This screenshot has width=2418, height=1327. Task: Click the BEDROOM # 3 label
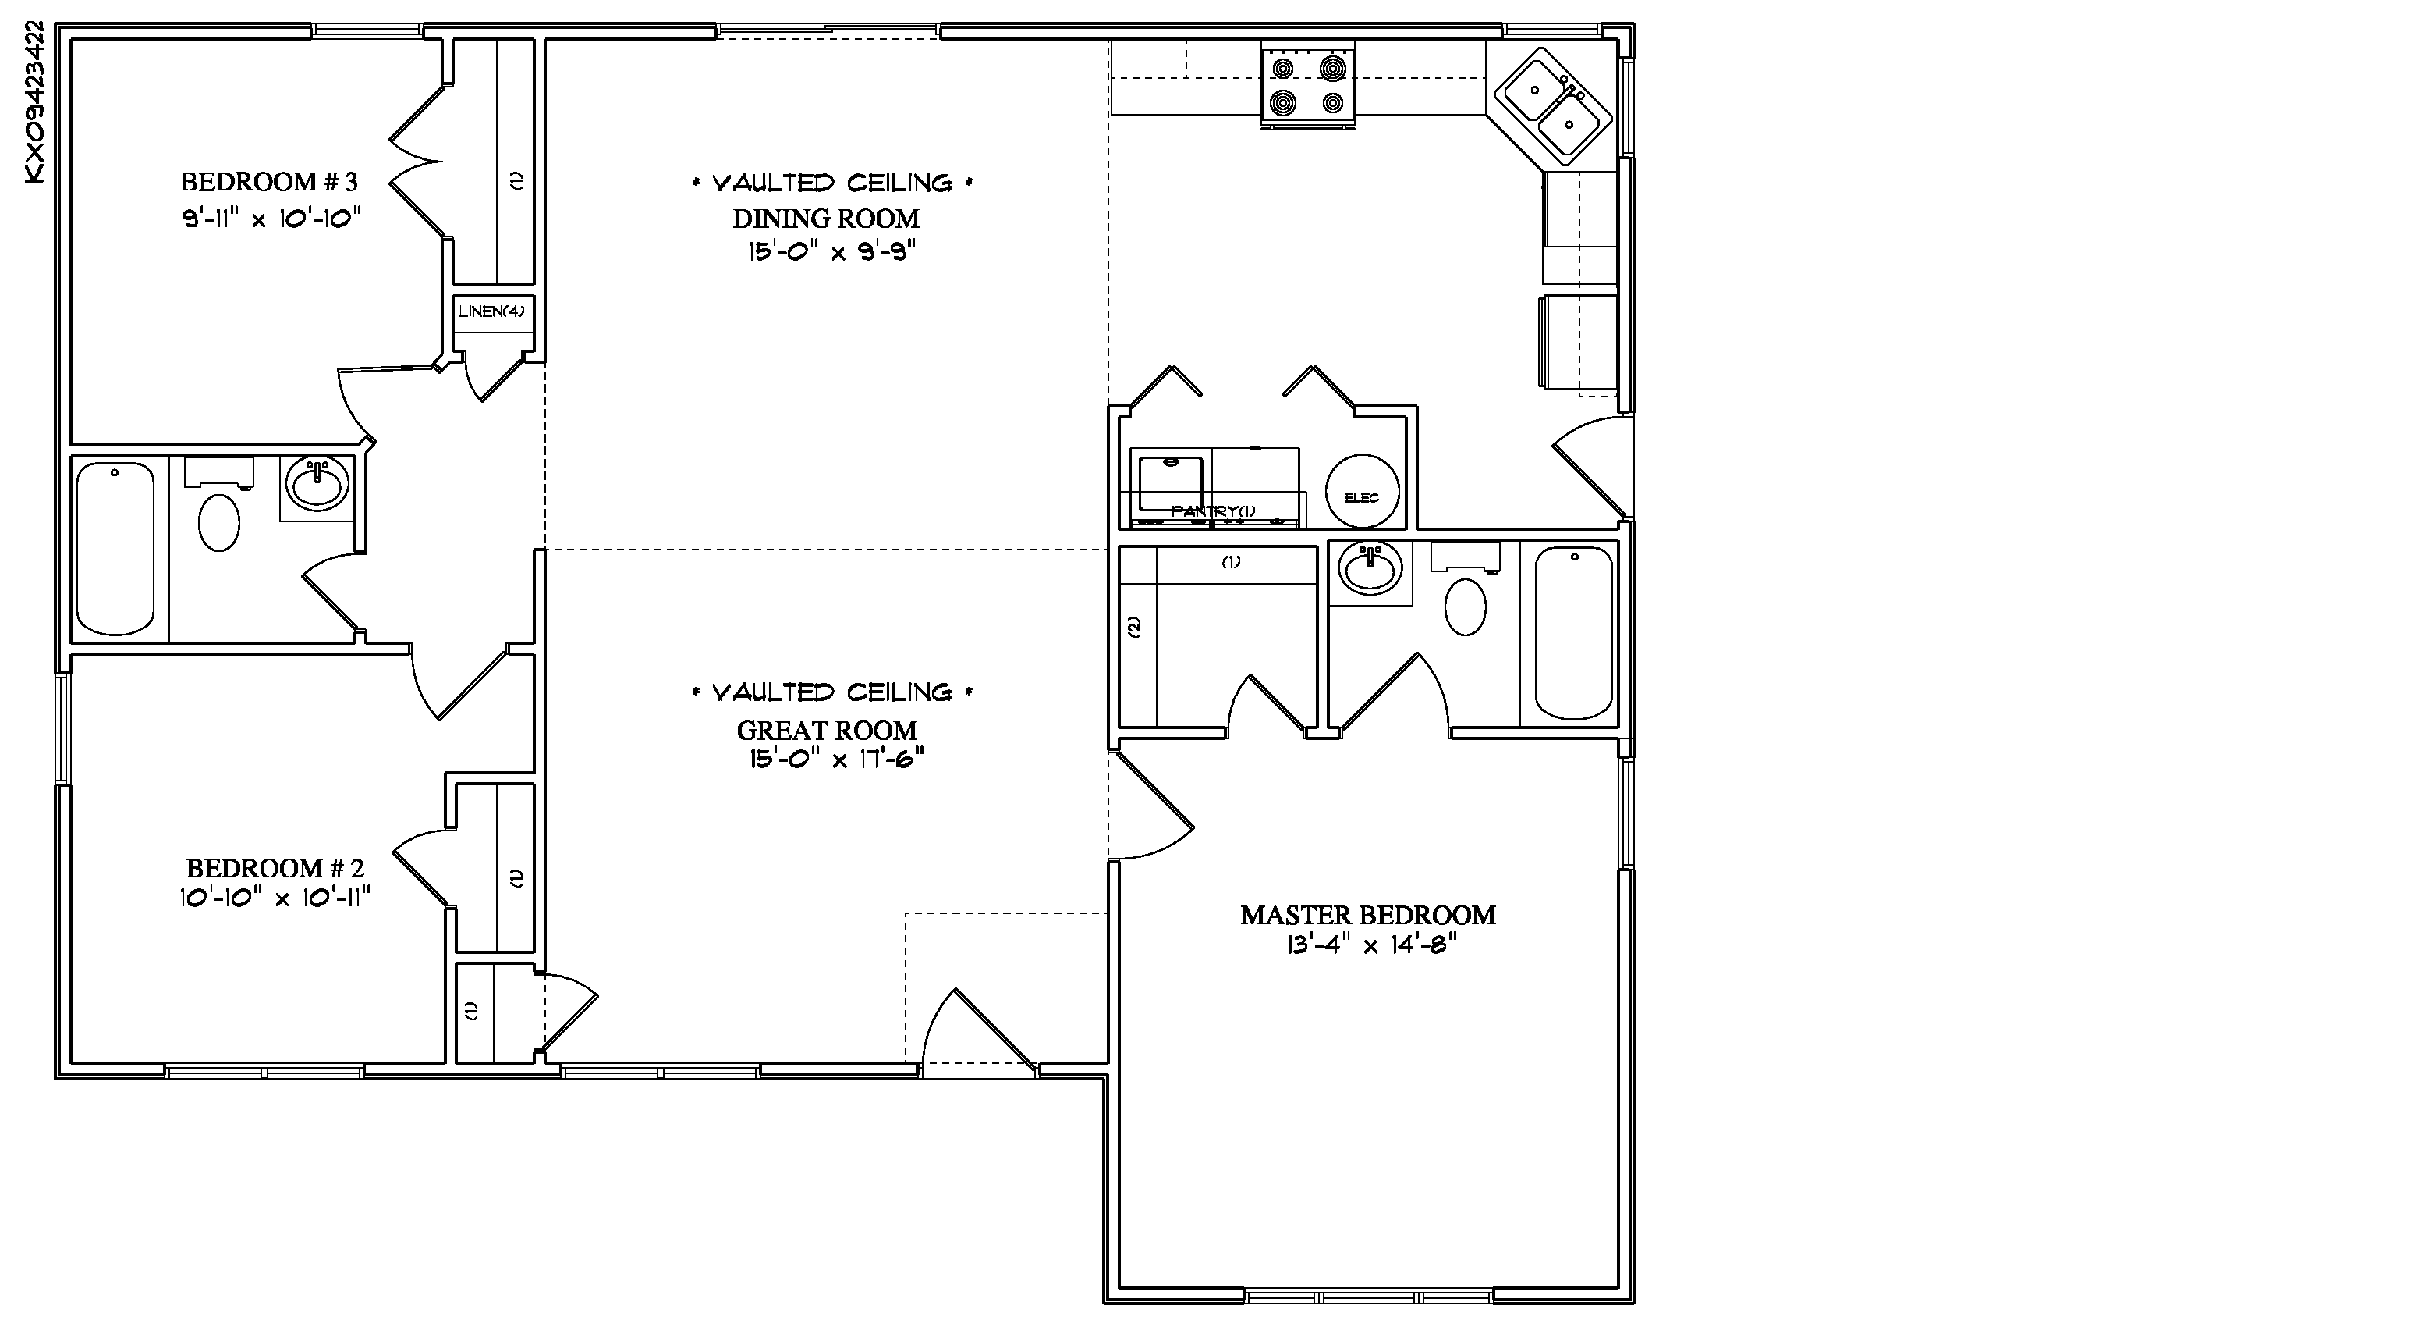[x=269, y=181]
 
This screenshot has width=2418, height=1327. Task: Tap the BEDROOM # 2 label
[x=275, y=868]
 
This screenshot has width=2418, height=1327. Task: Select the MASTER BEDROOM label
[x=1367, y=915]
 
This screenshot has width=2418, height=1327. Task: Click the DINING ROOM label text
[x=826, y=219]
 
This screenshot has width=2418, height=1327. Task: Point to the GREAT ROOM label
[x=827, y=730]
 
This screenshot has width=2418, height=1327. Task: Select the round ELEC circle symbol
[x=1362, y=491]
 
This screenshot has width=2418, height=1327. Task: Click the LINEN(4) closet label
[x=492, y=311]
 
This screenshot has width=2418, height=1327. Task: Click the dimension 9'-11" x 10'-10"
[x=271, y=219]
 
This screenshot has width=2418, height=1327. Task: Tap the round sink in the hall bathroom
[x=318, y=486]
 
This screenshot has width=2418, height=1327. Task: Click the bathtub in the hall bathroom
[x=115, y=549]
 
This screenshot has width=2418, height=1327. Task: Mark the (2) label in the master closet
[x=1134, y=626]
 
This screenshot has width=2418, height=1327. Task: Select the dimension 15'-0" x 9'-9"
[x=831, y=251]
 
